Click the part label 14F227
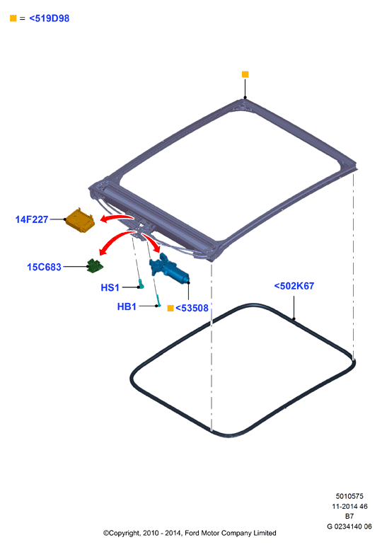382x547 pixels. pyautogui.click(x=31, y=219)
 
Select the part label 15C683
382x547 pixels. pyautogui.click(x=44, y=267)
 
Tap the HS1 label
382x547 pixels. pyautogui.click(x=110, y=287)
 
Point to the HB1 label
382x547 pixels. pyautogui.click(x=127, y=306)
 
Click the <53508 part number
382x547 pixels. pyautogui.click(x=192, y=308)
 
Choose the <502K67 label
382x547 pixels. pyautogui.click(x=294, y=286)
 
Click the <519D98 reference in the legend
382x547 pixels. pyautogui.click(x=50, y=18)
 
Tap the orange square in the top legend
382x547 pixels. pyautogui.click(x=13, y=18)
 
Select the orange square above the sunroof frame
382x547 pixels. pyautogui.click(x=245, y=74)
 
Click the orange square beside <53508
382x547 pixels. pyautogui.click(x=170, y=308)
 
